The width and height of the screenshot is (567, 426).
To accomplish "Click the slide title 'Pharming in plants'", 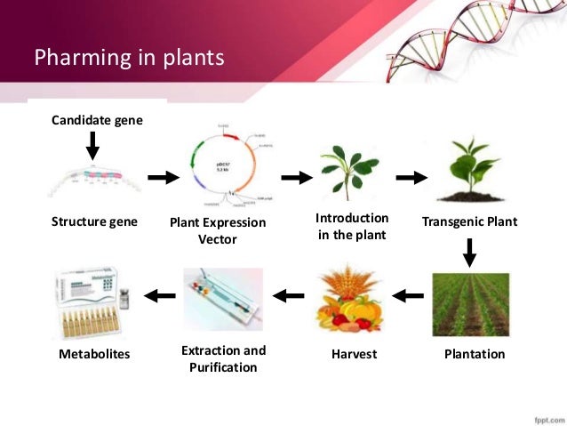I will [130, 60].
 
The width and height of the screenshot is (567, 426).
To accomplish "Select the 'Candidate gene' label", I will [97, 119].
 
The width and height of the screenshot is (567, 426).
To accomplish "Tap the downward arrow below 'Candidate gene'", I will [93, 145].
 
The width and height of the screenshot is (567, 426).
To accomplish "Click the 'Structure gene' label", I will [94, 221].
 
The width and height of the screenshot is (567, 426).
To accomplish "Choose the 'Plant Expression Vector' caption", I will [218, 230].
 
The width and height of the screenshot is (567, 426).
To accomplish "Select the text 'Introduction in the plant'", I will [352, 226].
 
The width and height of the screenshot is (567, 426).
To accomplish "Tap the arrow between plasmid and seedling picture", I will [296, 177].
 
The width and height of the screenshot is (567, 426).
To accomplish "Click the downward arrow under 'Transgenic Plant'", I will [470, 252].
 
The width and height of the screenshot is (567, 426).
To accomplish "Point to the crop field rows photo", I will [470, 304].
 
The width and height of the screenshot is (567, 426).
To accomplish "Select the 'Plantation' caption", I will [474, 354].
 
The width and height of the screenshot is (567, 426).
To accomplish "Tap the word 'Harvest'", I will [353, 354].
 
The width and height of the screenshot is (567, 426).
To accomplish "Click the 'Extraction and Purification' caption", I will [223, 358].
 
